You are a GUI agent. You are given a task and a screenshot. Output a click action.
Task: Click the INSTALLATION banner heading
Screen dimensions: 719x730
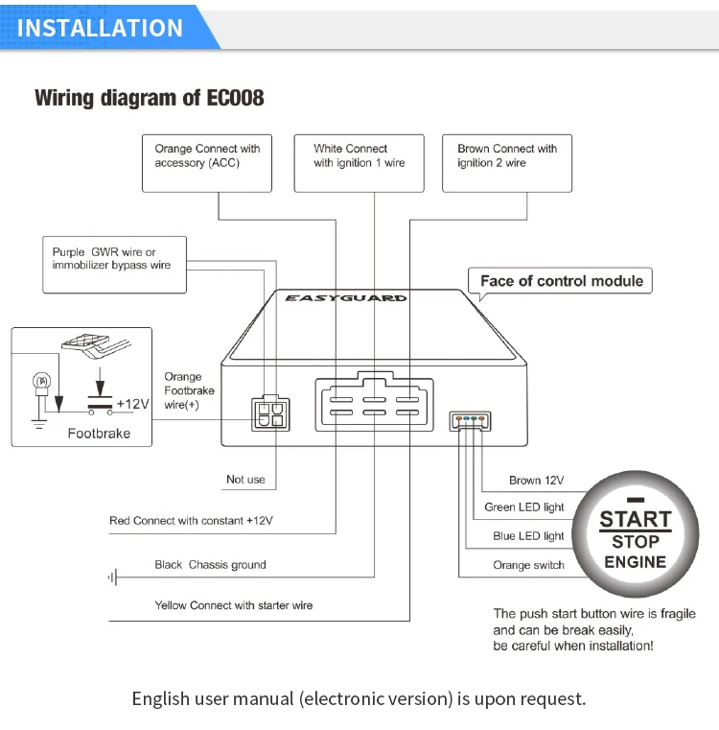[x=100, y=28]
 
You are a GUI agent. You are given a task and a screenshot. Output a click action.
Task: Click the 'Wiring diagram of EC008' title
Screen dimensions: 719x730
[x=150, y=98]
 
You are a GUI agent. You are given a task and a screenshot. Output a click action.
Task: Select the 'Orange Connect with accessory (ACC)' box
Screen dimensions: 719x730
[x=207, y=163]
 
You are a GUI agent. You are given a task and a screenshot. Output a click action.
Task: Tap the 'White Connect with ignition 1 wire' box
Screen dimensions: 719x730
[x=359, y=163]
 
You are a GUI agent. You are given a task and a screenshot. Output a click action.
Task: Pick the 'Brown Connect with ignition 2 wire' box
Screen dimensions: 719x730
[x=507, y=163]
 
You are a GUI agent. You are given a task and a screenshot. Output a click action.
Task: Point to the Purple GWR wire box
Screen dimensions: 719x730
[x=114, y=265]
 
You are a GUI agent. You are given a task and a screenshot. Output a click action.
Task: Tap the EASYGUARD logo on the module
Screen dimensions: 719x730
[x=346, y=298]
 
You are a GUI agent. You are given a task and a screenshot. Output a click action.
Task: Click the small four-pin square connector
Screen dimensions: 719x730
[x=270, y=413]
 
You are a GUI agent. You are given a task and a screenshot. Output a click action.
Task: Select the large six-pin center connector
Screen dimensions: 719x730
[x=375, y=402]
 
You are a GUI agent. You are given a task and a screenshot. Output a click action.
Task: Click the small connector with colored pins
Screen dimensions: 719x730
[x=470, y=421]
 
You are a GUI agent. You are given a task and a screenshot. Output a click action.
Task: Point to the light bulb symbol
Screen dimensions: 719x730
[x=41, y=384]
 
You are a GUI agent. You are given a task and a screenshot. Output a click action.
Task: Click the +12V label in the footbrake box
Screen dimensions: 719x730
[x=132, y=404]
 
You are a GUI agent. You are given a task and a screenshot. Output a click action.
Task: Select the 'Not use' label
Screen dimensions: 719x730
[x=245, y=480]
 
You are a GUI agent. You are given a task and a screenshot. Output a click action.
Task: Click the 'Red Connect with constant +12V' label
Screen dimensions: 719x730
[x=192, y=521]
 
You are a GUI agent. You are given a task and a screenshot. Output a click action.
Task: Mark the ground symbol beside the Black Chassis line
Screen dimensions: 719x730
[x=112, y=577]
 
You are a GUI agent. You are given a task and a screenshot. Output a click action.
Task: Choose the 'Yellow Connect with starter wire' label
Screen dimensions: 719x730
[x=234, y=605]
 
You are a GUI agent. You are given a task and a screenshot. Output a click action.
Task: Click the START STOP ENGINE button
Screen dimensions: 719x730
[x=636, y=534]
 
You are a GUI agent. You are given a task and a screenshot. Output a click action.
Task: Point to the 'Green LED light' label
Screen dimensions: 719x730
[x=524, y=507]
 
